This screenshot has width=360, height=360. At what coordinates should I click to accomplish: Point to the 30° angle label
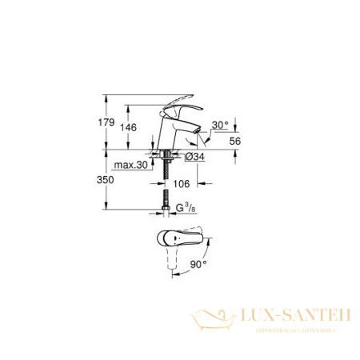click(221, 125)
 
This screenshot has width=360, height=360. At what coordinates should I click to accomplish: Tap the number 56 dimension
click(235, 140)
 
